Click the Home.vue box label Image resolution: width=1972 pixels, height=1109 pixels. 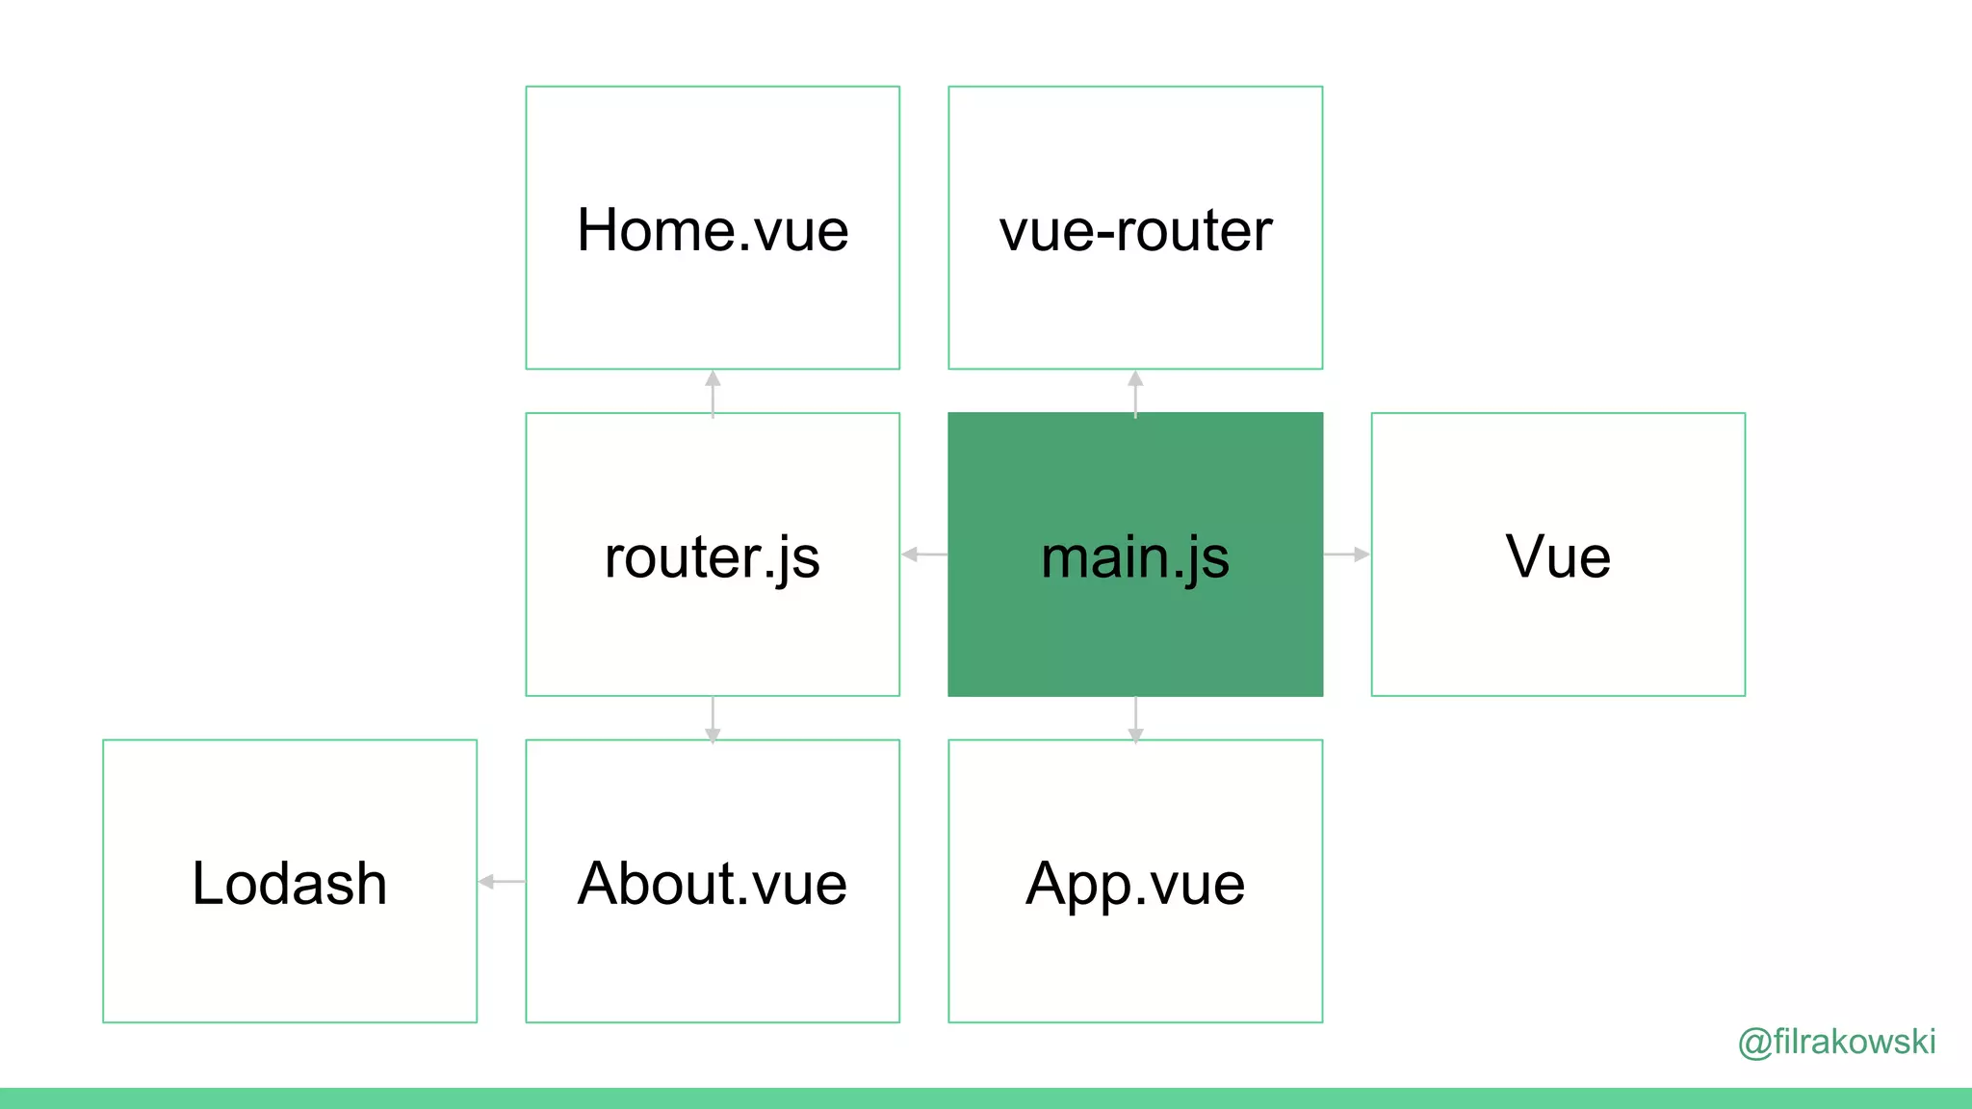click(713, 231)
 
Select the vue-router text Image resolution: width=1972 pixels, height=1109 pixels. click(1135, 231)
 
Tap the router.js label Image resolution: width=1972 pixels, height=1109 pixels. click(713, 557)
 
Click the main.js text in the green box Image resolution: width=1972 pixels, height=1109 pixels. click(1135, 557)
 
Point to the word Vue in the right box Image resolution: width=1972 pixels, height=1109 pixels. click(1558, 556)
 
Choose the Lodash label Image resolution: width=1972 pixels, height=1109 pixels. click(289, 883)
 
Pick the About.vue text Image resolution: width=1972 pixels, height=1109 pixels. click(713, 883)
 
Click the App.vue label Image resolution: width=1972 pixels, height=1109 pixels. click(1135, 885)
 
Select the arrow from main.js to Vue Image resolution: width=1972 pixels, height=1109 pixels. click(1347, 554)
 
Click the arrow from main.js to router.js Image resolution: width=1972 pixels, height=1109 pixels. click(923, 554)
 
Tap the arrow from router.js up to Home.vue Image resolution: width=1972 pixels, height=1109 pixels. click(713, 392)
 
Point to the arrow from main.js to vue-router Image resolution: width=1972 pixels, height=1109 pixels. click(1135, 392)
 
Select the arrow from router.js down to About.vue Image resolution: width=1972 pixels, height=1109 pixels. click(713, 719)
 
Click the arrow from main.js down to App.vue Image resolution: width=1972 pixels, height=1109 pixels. click(1135, 719)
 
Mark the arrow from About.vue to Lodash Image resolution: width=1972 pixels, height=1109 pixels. click(502, 881)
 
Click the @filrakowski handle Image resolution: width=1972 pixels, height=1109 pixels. click(1837, 1042)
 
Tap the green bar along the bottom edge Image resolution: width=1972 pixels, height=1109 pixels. click(986, 1098)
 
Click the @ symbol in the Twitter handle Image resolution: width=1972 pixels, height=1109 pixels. click(1754, 1043)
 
